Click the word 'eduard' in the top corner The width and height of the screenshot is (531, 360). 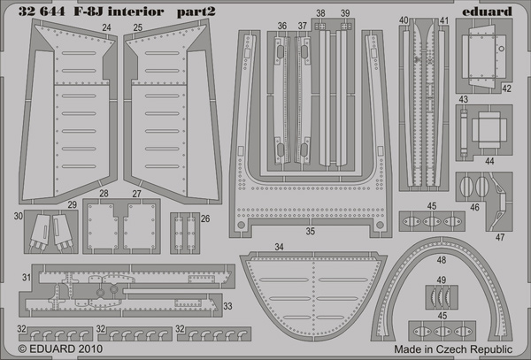(x=487, y=11)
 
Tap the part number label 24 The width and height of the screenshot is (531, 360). (x=106, y=27)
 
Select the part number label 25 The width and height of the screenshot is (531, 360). (x=137, y=27)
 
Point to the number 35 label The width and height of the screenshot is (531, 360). (x=311, y=231)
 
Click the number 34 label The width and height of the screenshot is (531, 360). (x=279, y=247)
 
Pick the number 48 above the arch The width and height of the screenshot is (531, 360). (x=442, y=260)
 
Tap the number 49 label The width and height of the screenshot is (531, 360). (x=441, y=280)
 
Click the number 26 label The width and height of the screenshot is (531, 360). (x=205, y=218)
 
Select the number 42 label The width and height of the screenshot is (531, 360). (x=506, y=88)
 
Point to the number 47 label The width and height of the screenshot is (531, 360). (x=500, y=237)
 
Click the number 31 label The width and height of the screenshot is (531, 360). (x=27, y=278)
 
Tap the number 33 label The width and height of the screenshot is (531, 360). (x=227, y=306)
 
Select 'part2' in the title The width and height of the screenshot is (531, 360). (x=196, y=12)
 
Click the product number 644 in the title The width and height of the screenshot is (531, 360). (x=52, y=11)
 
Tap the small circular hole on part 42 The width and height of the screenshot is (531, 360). (x=502, y=49)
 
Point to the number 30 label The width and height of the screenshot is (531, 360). (x=19, y=216)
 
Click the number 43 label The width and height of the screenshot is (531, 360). (x=463, y=99)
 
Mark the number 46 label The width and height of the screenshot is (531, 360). (x=474, y=207)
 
